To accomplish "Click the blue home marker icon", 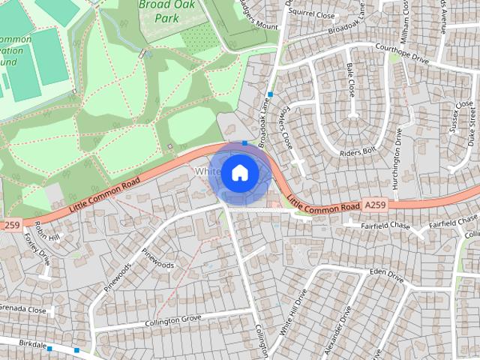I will click(239, 172).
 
